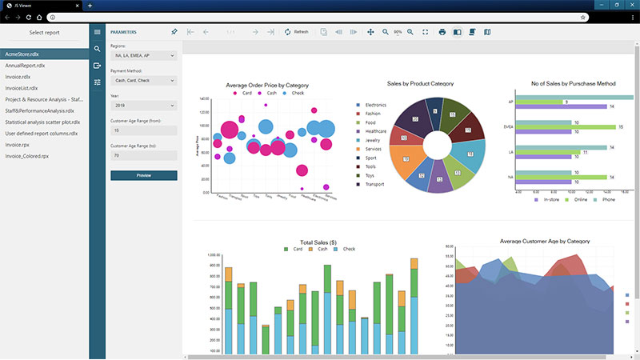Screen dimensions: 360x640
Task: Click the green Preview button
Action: tap(144, 175)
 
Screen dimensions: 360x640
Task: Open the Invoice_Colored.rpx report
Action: tap(27, 157)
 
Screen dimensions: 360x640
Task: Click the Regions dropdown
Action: tap(144, 55)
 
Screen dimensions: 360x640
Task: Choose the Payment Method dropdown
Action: tap(144, 80)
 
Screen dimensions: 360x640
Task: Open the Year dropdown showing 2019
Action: tap(144, 105)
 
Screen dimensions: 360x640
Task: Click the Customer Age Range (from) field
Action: tap(144, 130)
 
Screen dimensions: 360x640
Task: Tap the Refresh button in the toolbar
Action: tap(296, 32)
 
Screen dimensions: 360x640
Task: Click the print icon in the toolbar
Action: tap(442, 32)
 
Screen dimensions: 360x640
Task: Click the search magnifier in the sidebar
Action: tap(98, 49)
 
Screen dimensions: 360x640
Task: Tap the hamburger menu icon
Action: tap(98, 32)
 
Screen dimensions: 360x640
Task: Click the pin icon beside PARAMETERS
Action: tap(174, 32)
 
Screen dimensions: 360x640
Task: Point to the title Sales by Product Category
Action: tap(420, 83)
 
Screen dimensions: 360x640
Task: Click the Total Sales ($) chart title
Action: tap(318, 242)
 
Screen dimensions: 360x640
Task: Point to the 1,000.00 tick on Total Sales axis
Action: tap(213, 255)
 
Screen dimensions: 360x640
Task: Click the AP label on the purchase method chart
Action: tap(510, 102)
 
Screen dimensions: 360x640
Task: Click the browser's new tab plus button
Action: tap(90, 6)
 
